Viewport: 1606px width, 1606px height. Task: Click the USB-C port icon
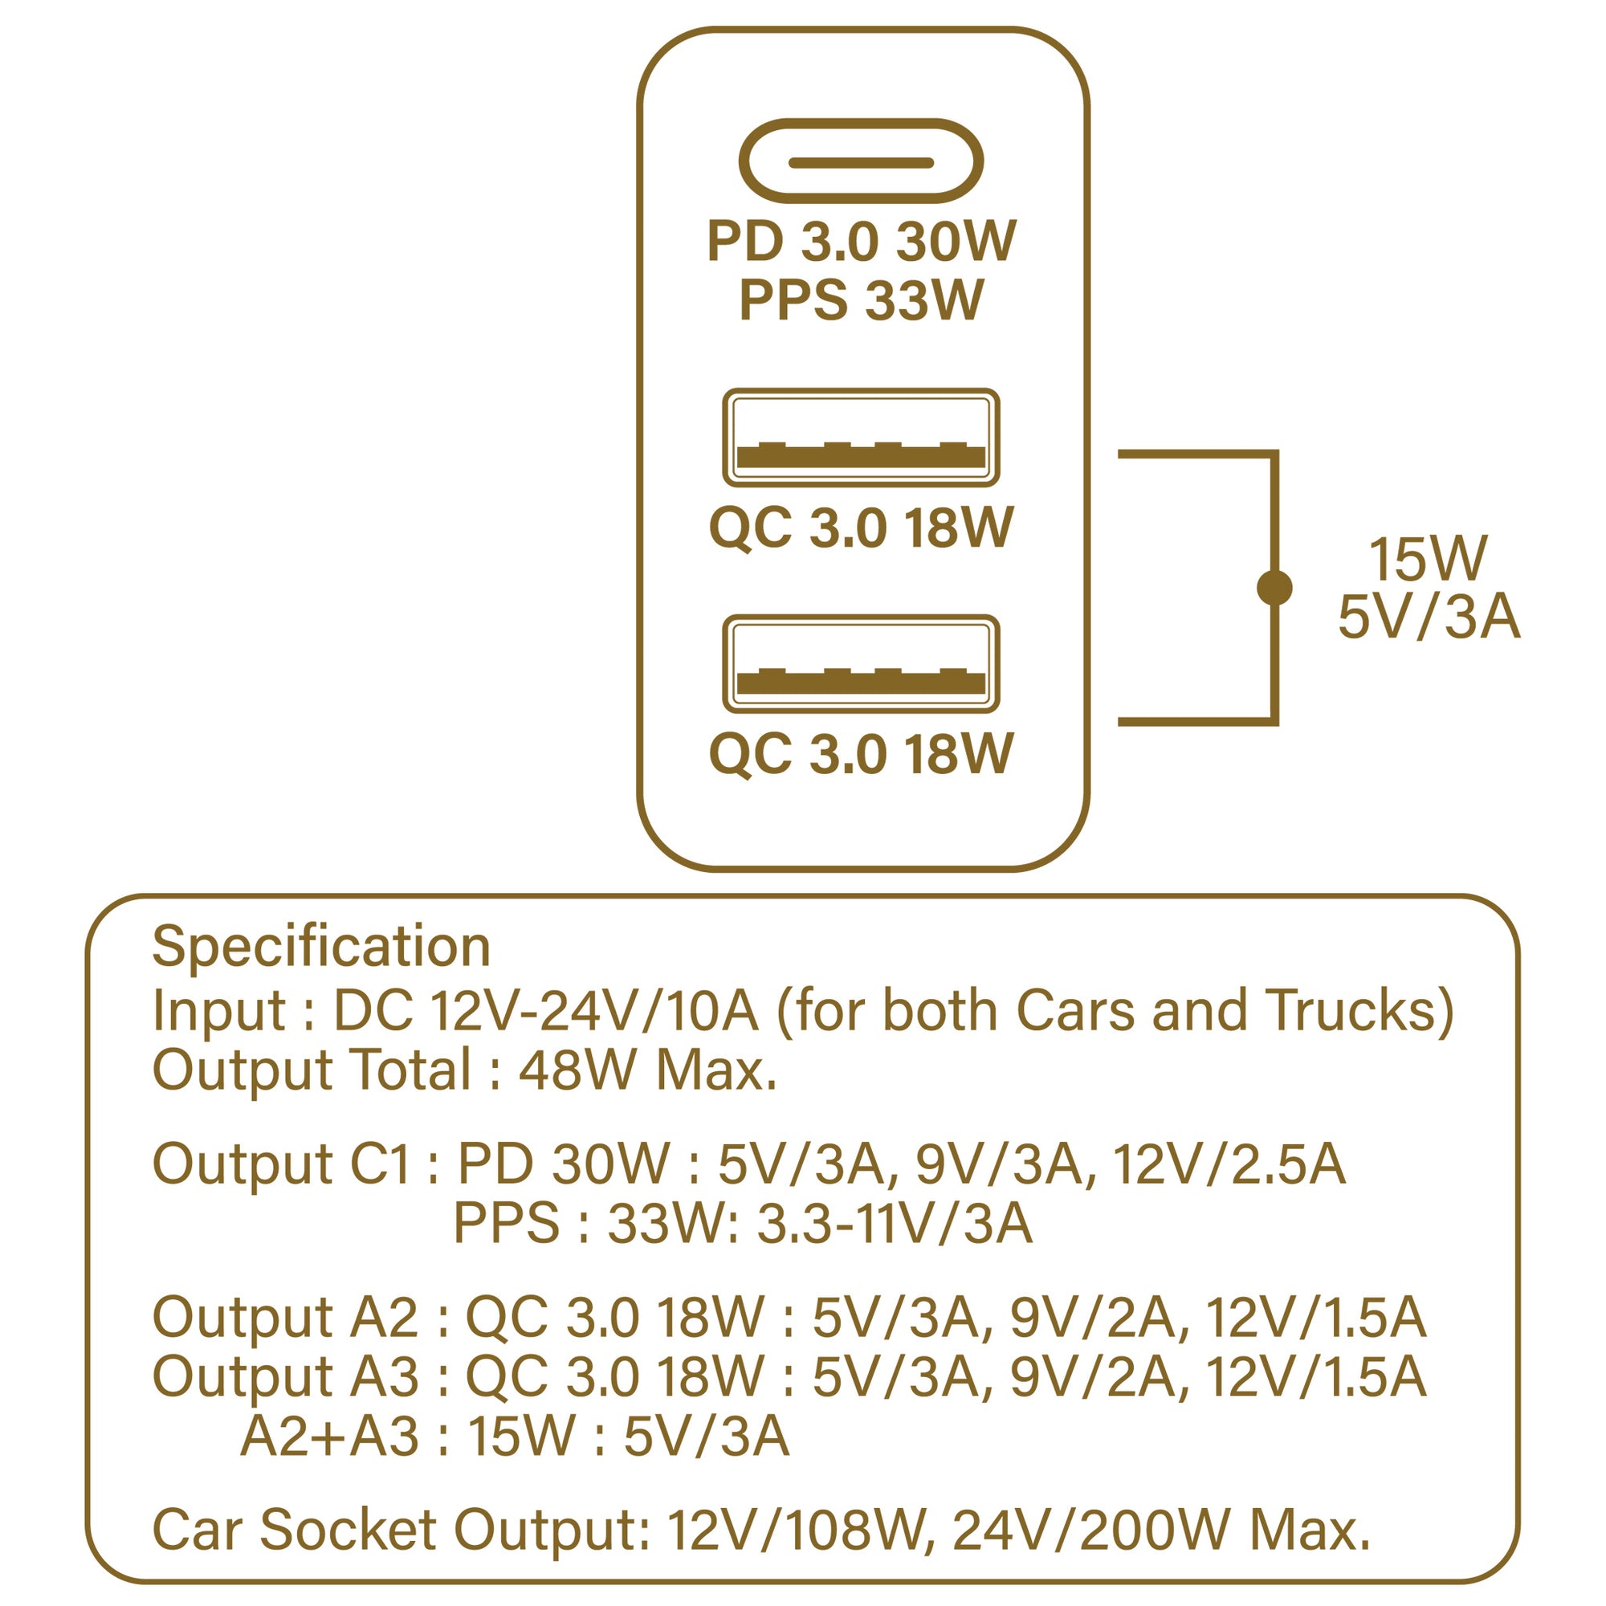pyautogui.click(x=860, y=161)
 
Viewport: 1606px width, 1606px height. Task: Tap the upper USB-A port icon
pyautogui.click(x=860, y=438)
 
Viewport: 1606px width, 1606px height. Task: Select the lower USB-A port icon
pyautogui.click(x=860, y=663)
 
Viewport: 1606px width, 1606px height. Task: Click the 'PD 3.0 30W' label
pyautogui.click(x=861, y=242)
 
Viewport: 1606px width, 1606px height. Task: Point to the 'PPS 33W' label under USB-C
pyautogui.click(x=861, y=300)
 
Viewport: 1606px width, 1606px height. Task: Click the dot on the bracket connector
pyautogui.click(x=1274, y=588)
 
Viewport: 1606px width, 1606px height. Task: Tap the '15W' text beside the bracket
pyautogui.click(x=1427, y=560)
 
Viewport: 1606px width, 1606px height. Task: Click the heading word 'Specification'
pyautogui.click(x=321, y=947)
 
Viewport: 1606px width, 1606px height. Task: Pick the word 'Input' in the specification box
pyautogui.click(x=218, y=1012)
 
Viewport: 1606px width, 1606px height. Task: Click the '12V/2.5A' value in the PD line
pyautogui.click(x=1229, y=1164)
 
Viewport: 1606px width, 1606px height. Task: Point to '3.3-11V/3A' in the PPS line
pyautogui.click(x=895, y=1223)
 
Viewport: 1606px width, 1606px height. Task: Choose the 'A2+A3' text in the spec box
pyautogui.click(x=329, y=1436)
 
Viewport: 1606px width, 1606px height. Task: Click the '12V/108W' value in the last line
pyautogui.click(x=797, y=1530)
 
